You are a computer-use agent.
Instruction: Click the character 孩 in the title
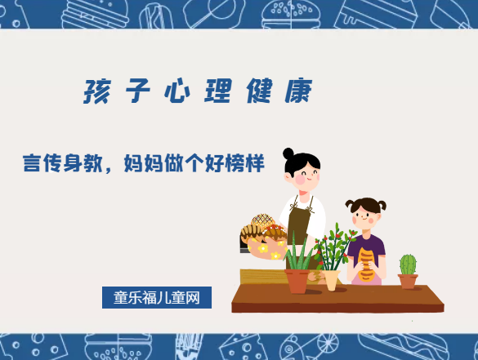[96, 91]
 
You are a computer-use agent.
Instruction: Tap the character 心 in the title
[173, 91]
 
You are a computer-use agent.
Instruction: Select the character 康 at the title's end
[299, 91]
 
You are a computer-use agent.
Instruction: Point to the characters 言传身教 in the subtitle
[61, 163]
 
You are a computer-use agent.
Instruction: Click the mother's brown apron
[299, 220]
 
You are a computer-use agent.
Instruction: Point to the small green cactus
[408, 264]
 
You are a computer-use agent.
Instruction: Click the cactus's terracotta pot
[408, 281]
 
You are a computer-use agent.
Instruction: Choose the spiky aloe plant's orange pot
[297, 281]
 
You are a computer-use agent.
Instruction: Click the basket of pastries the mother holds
[263, 238]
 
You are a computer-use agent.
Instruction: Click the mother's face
[306, 174]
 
